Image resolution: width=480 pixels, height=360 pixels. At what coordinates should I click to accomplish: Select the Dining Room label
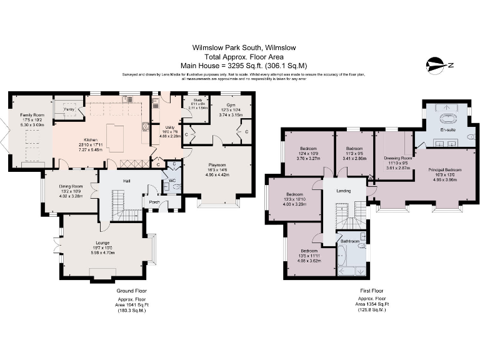click(x=71, y=186)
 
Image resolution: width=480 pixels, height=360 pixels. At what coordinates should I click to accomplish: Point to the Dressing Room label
click(x=392, y=159)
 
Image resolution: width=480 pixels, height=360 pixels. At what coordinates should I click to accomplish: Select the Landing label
click(x=343, y=191)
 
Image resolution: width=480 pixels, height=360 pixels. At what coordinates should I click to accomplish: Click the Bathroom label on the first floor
click(x=350, y=241)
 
